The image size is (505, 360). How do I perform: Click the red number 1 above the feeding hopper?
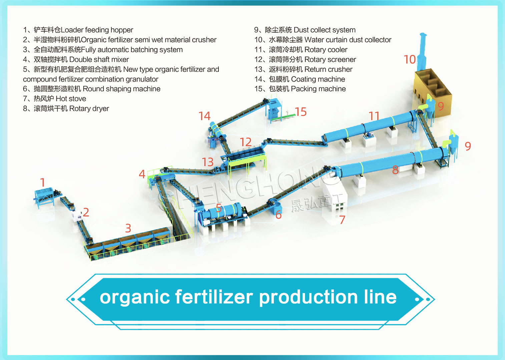pos(42,182)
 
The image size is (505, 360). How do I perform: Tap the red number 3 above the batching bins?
pos(128,228)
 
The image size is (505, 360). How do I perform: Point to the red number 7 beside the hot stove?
pos(342,220)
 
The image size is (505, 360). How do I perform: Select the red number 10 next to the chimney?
pos(410,59)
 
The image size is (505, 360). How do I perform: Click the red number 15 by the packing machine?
pos(301,112)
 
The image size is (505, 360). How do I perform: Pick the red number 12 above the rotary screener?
pos(245,142)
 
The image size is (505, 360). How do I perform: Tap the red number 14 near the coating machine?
pos(204,116)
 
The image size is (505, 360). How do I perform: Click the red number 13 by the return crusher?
pos(207,162)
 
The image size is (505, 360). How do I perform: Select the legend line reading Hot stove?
pos(55,99)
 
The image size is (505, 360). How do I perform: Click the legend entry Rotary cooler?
pos(301,50)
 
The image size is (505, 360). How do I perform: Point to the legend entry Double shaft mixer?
pos(76,59)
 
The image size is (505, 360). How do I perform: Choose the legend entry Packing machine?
pos(300,89)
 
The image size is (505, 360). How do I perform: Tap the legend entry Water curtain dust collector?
pos(323,40)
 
